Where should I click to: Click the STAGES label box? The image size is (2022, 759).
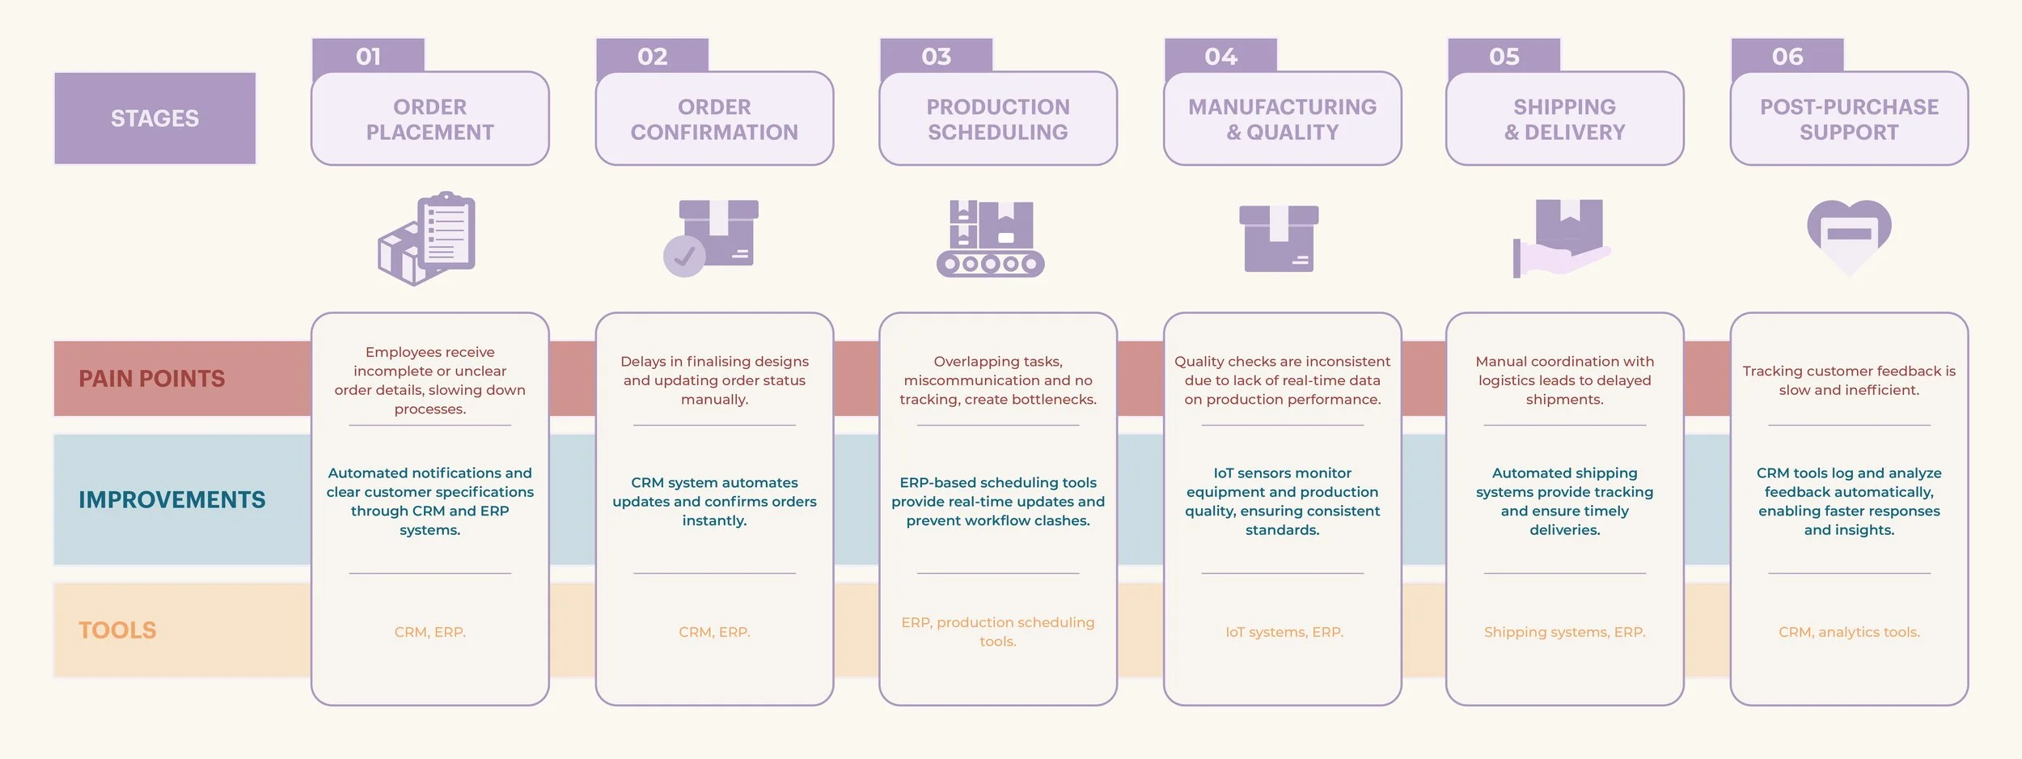pos(154,118)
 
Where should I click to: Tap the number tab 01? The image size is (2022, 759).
pos(368,56)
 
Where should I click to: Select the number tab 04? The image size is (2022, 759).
pos(1220,56)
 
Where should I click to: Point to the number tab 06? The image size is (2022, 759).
pos(1787,56)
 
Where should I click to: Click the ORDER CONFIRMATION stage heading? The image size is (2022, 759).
pos(714,119)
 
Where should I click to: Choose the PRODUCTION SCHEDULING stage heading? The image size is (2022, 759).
pos(998,119)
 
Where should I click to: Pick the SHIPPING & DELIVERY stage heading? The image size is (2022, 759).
pos(1564,119)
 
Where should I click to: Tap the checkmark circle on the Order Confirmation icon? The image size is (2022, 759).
pos(684,257)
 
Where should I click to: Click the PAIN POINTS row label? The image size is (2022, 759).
pos(152,379)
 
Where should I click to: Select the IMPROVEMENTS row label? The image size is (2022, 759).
pos(171,500)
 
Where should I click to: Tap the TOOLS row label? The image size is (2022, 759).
pos(117,630)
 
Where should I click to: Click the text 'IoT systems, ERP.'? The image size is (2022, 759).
pos(1284,632)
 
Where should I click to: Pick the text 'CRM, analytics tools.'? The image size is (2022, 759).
pos(1849,632)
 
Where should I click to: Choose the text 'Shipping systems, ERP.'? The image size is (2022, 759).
pos(1564,632)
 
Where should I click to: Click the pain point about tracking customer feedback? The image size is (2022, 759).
pos(1849,380)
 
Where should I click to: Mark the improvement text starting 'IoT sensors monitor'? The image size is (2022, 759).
pos(1282,501)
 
